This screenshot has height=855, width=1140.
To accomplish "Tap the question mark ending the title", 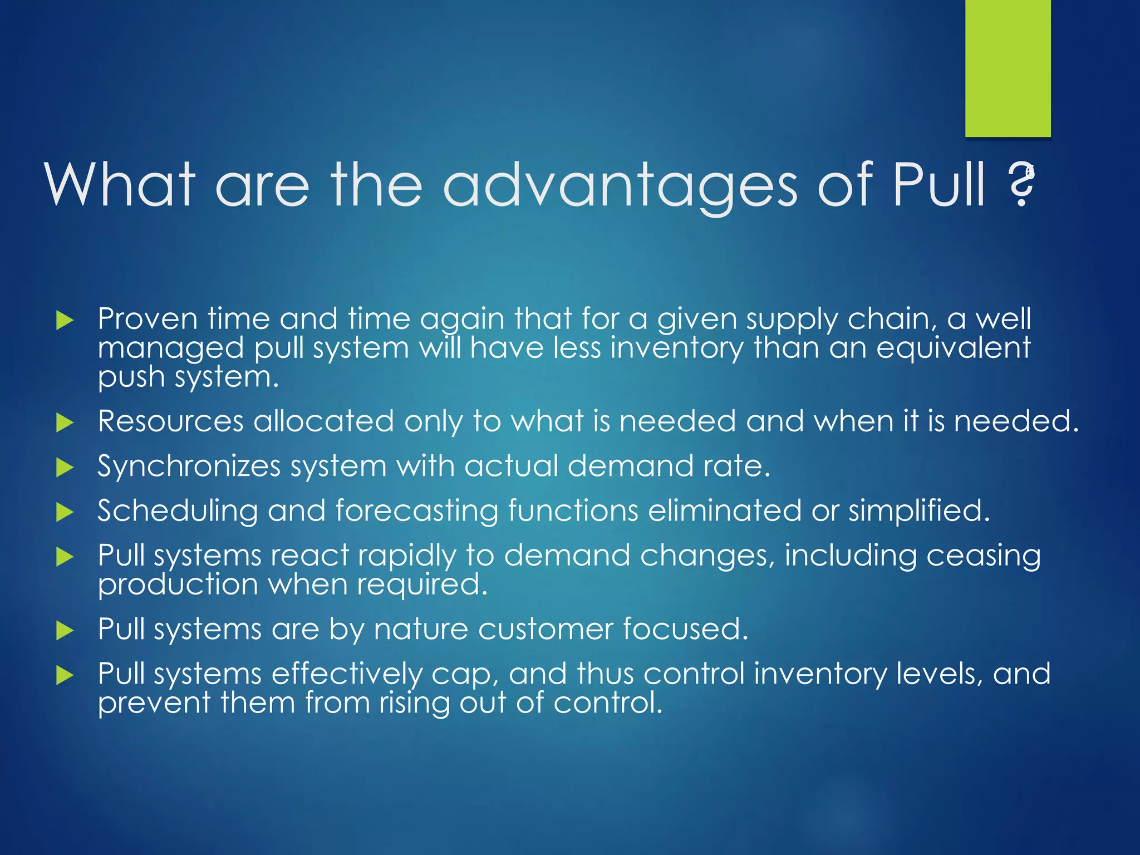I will pos(1022,186).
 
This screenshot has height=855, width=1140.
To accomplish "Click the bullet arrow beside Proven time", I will pos(65,321).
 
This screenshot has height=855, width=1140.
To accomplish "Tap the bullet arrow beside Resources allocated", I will pos(65,423).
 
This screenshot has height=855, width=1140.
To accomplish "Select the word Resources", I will pos(170,421).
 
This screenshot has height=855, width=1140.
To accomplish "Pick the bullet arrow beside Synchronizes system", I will pos(65,468).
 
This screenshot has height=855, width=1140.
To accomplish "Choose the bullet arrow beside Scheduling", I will pos(65,512).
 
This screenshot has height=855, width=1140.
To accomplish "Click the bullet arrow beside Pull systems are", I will pos(65,631).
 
